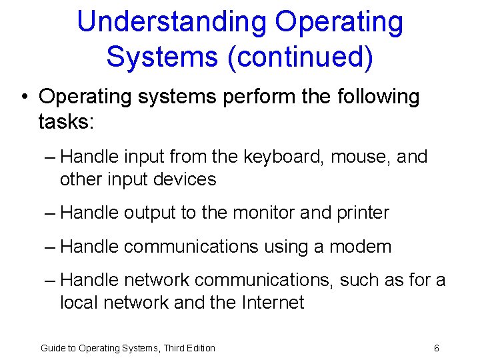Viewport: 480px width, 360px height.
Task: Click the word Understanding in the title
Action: click(x=171, y=23)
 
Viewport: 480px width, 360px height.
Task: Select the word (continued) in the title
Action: click(x=300, y=57)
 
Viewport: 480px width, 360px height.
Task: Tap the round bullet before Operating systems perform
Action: click(x=24, y=97)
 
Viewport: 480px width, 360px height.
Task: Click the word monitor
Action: click(x=262, y=213)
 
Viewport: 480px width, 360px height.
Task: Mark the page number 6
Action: click(x=436, y=348)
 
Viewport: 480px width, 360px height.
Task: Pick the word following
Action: click(x=379, y=97)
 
